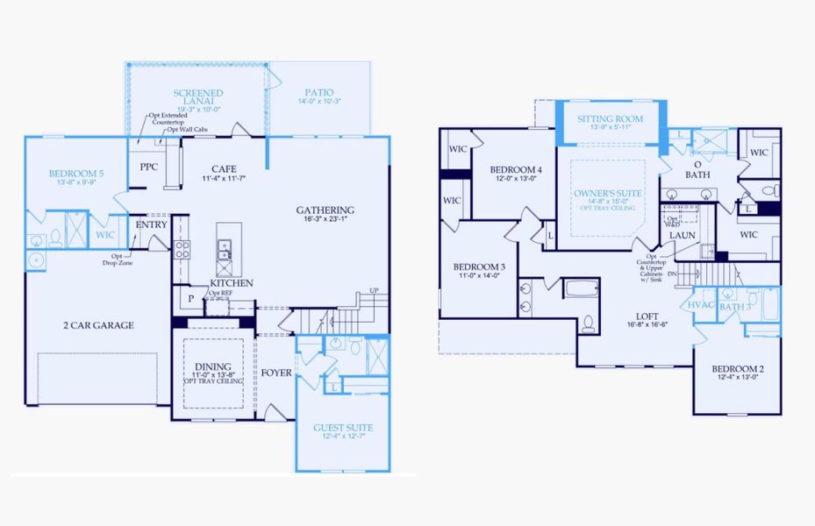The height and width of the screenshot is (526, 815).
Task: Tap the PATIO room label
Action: (x=318, y=92)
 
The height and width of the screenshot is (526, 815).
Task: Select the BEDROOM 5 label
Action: (x=76, y=174)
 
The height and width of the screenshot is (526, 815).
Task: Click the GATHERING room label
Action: (x=325, y=210)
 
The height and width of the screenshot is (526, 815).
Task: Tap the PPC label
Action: (x=148, y=166)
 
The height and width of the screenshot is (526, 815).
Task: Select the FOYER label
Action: (x=276, y=373)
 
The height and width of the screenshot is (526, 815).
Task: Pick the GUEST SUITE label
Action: (x=343, y=428)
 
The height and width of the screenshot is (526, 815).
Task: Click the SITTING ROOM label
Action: (x=610, y=119)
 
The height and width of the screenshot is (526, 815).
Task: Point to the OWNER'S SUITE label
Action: (x=608, y=193)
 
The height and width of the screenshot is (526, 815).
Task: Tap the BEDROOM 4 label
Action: (x=516, y=169)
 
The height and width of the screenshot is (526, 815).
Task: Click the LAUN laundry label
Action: (x=683, y=235)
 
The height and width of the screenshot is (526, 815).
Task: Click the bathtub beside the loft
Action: (x=579, y=288)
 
